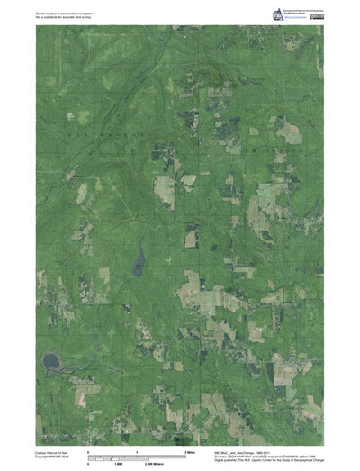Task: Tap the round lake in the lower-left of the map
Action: click(50, 361)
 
